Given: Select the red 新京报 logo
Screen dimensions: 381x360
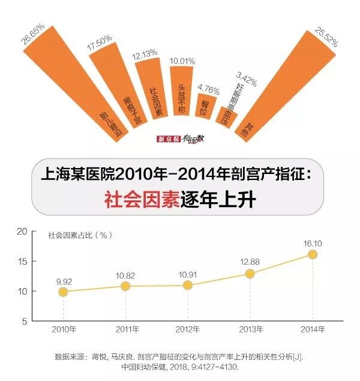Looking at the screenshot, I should click(x=168, y=139).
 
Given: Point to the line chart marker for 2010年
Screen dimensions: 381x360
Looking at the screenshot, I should click(x=63, y=292).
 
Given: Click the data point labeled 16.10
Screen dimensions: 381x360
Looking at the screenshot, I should click(x=312, y=254).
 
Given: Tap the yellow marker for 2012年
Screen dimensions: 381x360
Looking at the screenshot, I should click(x=187, y=286).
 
